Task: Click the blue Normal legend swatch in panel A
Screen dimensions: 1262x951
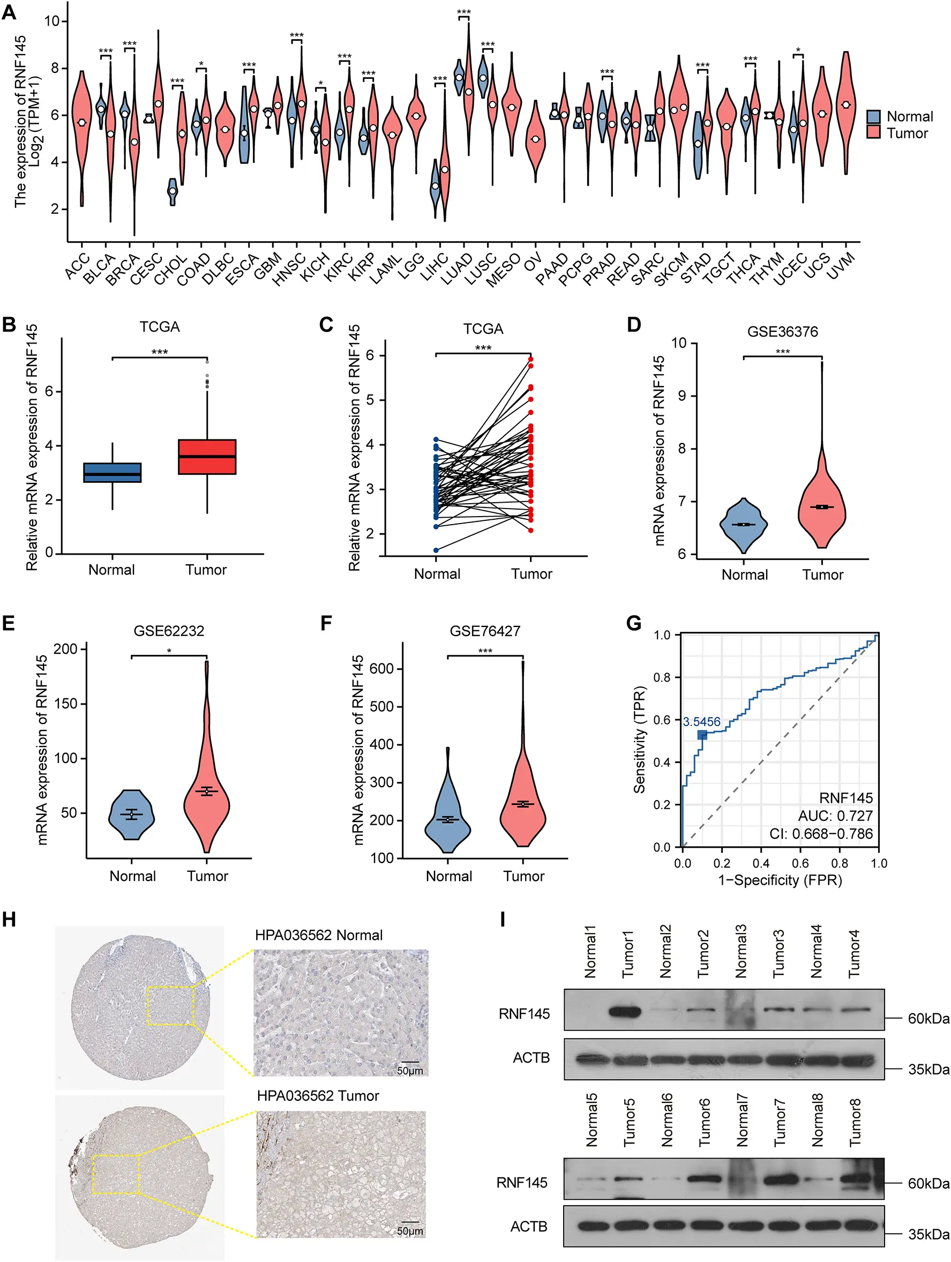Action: coord(873,116)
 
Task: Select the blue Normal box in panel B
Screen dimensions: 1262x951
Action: coord(113,473)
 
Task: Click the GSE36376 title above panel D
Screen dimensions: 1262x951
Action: coord(782,332)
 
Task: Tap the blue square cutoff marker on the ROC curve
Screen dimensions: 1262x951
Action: coord(702,735)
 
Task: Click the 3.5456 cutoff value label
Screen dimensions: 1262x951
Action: coord(701,722)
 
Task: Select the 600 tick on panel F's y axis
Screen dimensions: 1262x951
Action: coord(381,669)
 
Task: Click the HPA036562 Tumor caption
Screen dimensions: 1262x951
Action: coord(318,1095)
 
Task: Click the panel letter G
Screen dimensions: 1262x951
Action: coord(633,623)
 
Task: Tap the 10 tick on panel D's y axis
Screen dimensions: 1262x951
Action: coord(678,343)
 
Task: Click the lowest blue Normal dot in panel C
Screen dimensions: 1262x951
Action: coord(436,550)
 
